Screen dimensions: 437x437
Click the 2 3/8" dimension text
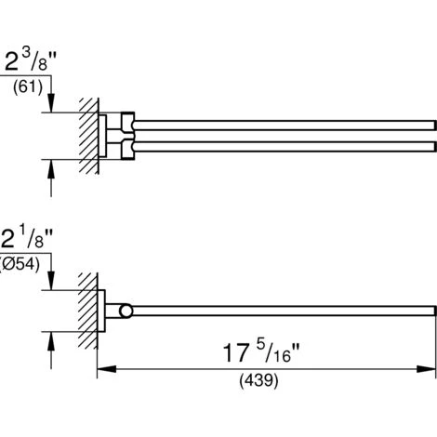tap(31, 60)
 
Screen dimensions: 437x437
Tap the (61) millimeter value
tap(28, 87)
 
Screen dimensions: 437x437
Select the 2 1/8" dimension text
tap(27, 238)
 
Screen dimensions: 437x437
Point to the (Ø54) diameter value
tap(20, 265)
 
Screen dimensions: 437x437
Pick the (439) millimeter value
tap(258, 380)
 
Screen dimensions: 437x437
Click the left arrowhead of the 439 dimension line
tap(107, 369)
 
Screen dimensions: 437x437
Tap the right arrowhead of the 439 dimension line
tap(426, 369)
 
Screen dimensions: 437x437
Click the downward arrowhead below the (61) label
tap(51, 102)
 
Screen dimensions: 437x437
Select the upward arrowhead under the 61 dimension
tap(51, 169)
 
